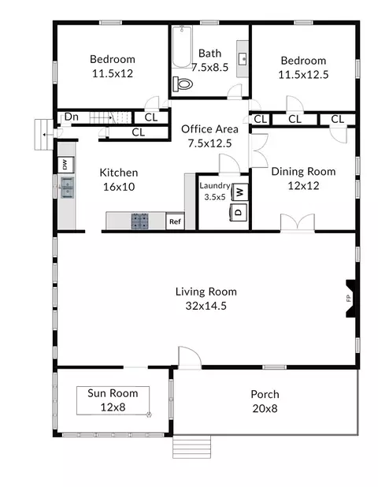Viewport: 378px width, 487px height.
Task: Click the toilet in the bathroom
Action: pyautogui.click(x=183, y=84)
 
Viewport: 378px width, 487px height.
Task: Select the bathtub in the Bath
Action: pyautogui.click(x=182, y=46)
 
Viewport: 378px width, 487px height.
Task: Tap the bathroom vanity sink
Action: pyautogui.click(x=243, y=58)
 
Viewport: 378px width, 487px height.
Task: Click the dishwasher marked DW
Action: pyautogui.click(x=66, y=165)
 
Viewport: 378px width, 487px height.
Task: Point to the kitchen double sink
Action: pyautogui.click(x=67, y=188)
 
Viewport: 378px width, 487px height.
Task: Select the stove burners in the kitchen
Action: pyautogui.click(x=139, y=221)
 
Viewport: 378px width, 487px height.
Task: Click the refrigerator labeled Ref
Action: pyautogui.click(x=175, y=221)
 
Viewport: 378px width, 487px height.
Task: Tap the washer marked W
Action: pyautogui.click(x=240, y=192)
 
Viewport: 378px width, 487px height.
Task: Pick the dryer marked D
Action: pyautogui.click(x=239, y=213)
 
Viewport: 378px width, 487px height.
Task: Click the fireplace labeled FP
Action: pyautogui.click(x=350, y=299)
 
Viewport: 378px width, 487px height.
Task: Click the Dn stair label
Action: pyautogui.click(x=72, y=117)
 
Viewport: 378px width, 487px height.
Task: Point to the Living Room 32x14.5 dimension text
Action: pyautogui.click(x=206, y=306)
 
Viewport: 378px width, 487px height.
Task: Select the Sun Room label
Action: pyautogui.click(x=113, y=393)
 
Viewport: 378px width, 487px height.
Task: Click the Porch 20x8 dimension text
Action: pyautogui.click(x=265, y=408)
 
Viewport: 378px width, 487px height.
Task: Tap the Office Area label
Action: pyautogui.click(x=209, y=129)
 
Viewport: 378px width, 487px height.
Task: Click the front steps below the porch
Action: pyautogui.click(x=191, y=446)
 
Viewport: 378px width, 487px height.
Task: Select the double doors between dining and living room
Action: pyautogui.click(x=298, y=223)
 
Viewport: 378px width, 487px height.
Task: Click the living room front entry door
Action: pyautogui.click(x=190, y=358)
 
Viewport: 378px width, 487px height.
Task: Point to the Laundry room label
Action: pyautogui.click(x=215, y=186)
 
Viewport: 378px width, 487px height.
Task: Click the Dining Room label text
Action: pyautogui.click(x=303, y=172)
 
